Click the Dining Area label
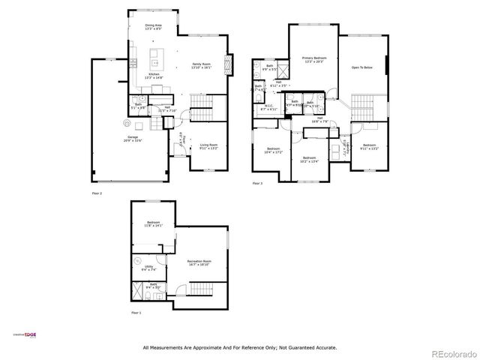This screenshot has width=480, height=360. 153,27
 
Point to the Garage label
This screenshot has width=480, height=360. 133,139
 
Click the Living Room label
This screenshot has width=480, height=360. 208,146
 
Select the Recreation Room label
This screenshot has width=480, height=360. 198,263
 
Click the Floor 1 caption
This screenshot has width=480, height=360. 136,312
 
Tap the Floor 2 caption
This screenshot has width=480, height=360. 96,193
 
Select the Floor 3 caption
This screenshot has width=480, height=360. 257,183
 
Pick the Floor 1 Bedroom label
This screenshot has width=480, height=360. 154,224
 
